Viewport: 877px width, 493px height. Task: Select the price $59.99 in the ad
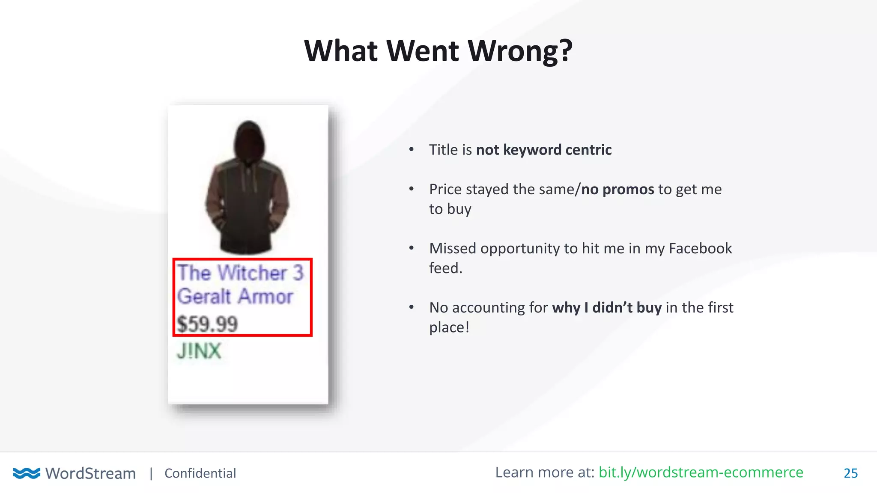207,324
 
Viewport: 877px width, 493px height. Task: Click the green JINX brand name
199,351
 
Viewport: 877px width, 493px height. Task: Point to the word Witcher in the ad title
254,273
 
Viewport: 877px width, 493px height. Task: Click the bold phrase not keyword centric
544,150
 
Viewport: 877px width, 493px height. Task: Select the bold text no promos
617,189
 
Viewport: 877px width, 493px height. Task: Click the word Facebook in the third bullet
700,248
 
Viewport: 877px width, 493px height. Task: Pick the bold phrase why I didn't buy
607,308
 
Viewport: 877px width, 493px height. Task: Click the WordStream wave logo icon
27,473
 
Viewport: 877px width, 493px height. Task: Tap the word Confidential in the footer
200,473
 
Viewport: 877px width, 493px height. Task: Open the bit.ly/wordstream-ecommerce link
701,472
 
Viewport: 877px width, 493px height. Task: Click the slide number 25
850,473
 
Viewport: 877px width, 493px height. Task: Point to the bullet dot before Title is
412,149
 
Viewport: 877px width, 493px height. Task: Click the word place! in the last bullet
449,327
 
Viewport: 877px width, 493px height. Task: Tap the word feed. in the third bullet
446,268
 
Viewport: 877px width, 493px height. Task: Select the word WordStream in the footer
90,473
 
